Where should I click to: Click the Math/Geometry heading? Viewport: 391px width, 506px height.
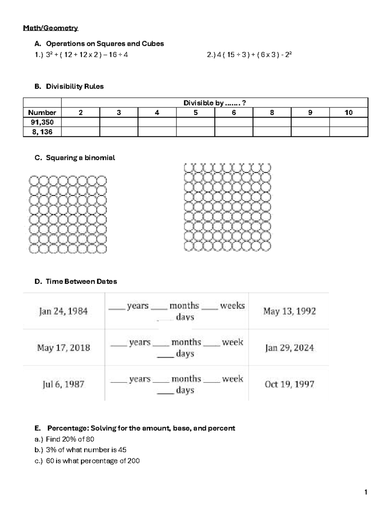point(51,28)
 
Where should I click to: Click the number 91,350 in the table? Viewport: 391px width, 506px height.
point(42,122)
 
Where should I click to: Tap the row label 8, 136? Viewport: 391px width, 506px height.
point(42,132)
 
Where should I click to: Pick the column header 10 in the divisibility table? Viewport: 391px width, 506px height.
point(348,113)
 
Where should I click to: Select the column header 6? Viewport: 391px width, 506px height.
point(234,113)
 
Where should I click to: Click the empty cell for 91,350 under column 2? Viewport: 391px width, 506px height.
point(80,122)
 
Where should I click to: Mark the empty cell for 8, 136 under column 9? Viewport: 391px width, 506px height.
point(310,132)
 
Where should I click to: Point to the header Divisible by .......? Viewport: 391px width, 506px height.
point(214,103)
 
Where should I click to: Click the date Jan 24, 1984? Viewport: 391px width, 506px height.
point(64,311)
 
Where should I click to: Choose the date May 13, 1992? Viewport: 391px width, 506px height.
point(289,311)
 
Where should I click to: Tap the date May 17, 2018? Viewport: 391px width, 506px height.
point(64,348)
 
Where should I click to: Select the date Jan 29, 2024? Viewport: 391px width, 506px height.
point(289,348)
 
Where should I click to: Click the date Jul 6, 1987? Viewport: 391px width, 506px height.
point(64,384)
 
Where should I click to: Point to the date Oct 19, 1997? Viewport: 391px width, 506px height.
point(289,384)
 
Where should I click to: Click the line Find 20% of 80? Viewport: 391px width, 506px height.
point(70,439)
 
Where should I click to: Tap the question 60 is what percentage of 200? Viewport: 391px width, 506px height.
point(93,461)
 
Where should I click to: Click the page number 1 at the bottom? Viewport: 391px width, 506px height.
point(366,492)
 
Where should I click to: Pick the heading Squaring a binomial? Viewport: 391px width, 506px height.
point(80,158)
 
